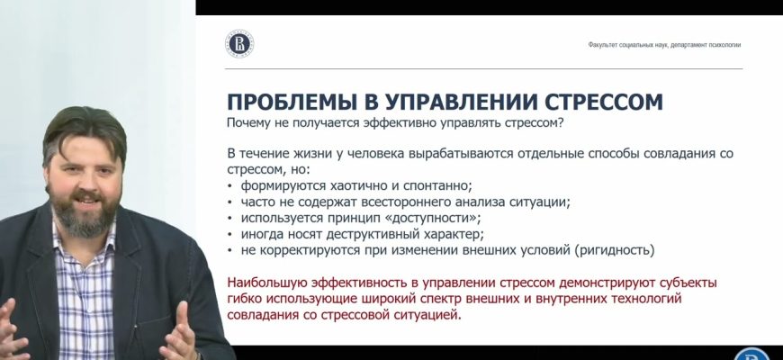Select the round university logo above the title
(x=238, y=43)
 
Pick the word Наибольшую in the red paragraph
(x=269, y=283)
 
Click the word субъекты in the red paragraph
(x=687, y=283)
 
